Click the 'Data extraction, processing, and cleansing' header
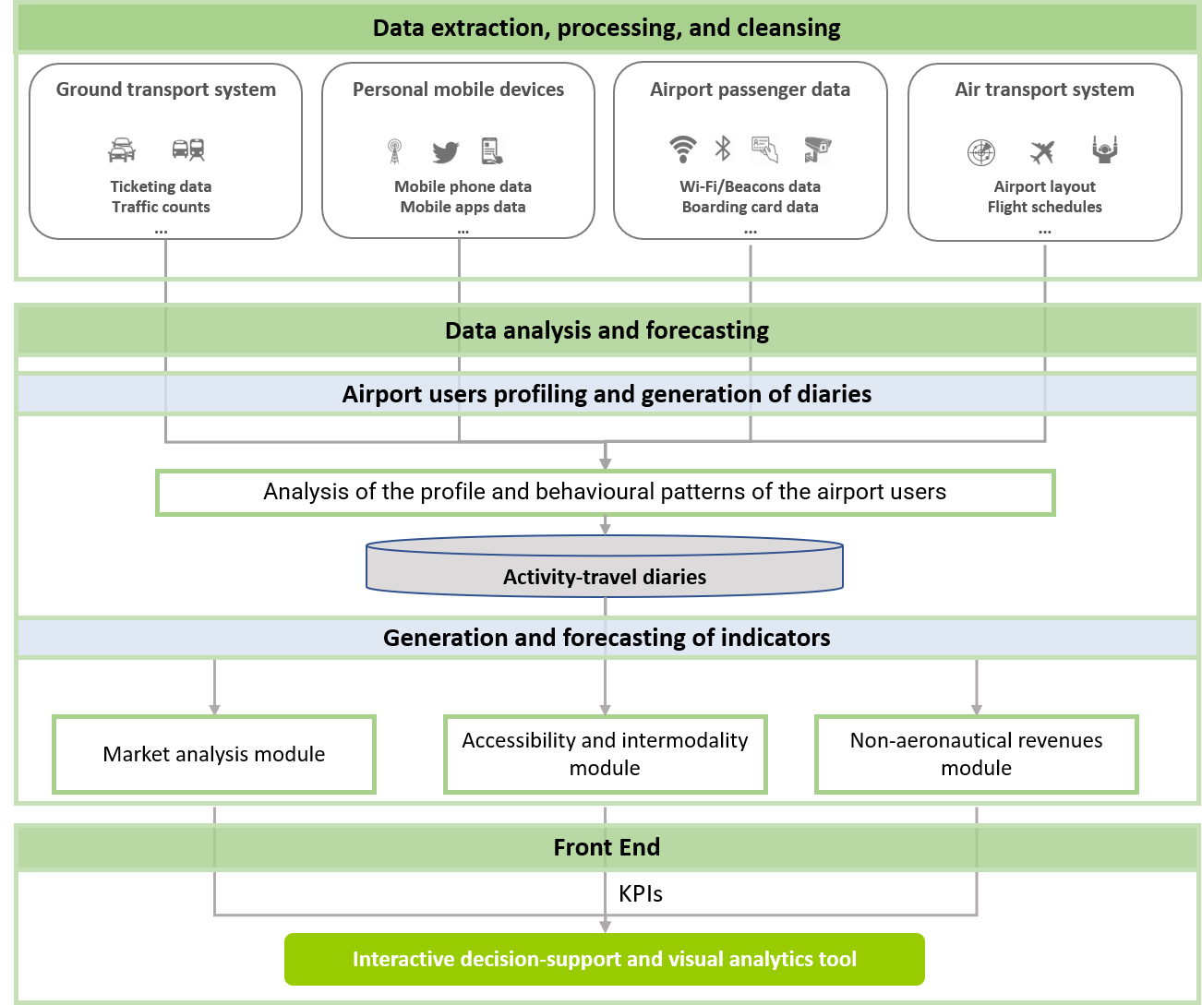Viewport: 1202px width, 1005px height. tap(607, 28)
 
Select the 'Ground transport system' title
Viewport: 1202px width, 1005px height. tap(166, 90)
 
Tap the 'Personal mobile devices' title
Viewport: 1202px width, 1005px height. tap(458, 90)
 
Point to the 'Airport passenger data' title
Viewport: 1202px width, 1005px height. tap(750, 90)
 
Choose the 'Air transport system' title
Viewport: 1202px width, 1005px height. tap(1044, 90)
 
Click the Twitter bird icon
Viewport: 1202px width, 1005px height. tap(445, 151)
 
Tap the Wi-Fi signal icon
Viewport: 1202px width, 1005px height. tap(682, 149)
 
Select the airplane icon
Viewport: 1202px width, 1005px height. tap(1042, 151)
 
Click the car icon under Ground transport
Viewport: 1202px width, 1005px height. tap(122, 150)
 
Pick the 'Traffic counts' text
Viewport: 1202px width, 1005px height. tap(161, 207)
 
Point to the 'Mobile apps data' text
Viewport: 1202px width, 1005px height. tap(463, 207)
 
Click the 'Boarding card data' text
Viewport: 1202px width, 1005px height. tap(750, 207)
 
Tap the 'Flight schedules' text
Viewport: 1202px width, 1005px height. tap(1044, 207)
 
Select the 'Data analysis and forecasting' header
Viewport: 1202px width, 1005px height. tap(607, 330)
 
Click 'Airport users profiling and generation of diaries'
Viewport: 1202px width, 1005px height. tap(607, 394)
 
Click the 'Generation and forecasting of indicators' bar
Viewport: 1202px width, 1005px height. tap(607, 638)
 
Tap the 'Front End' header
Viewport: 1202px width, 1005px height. tap(607, 847)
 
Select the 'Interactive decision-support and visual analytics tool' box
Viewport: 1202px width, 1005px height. tap(605, 959)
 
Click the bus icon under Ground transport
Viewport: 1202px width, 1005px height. tap(188, 150)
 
